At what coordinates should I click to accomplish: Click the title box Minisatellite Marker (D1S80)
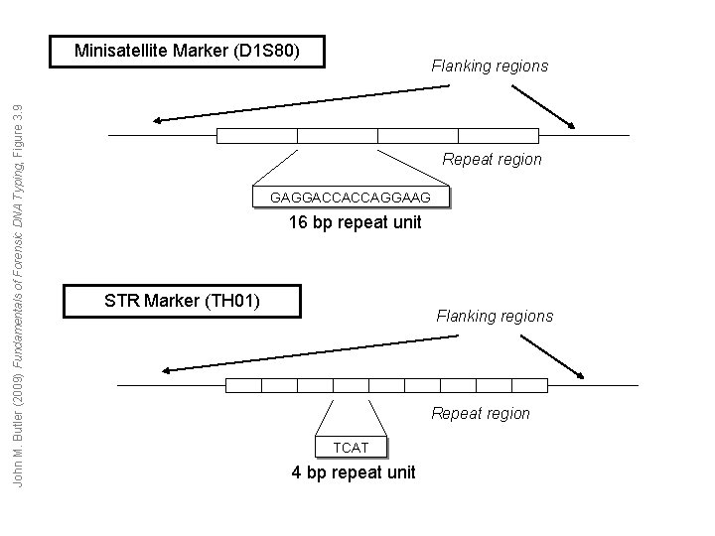[188, 50]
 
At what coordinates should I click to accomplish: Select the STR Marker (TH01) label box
[182, 301]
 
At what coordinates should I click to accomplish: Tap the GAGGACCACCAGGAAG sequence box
[351, 199]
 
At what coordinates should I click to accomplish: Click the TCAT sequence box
[351, 448]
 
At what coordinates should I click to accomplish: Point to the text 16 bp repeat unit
[355, 222]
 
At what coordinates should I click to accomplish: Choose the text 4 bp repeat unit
[354, 472]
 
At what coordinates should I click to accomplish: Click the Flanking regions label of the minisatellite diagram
[489, 67]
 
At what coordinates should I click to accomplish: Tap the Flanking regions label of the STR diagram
[495, 317]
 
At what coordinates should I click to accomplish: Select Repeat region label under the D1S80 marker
[492, 159]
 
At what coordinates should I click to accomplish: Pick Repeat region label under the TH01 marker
[480, 413]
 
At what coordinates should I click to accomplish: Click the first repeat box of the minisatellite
[257, 136]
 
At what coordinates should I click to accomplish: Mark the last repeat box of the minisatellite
[499, 136]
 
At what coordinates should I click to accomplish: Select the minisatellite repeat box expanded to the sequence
[338, 136]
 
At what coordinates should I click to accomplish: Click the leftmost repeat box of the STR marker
[243, 385]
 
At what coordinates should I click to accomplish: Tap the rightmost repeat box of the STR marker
[529, 385]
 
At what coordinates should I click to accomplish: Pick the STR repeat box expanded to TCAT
[351, 385]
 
